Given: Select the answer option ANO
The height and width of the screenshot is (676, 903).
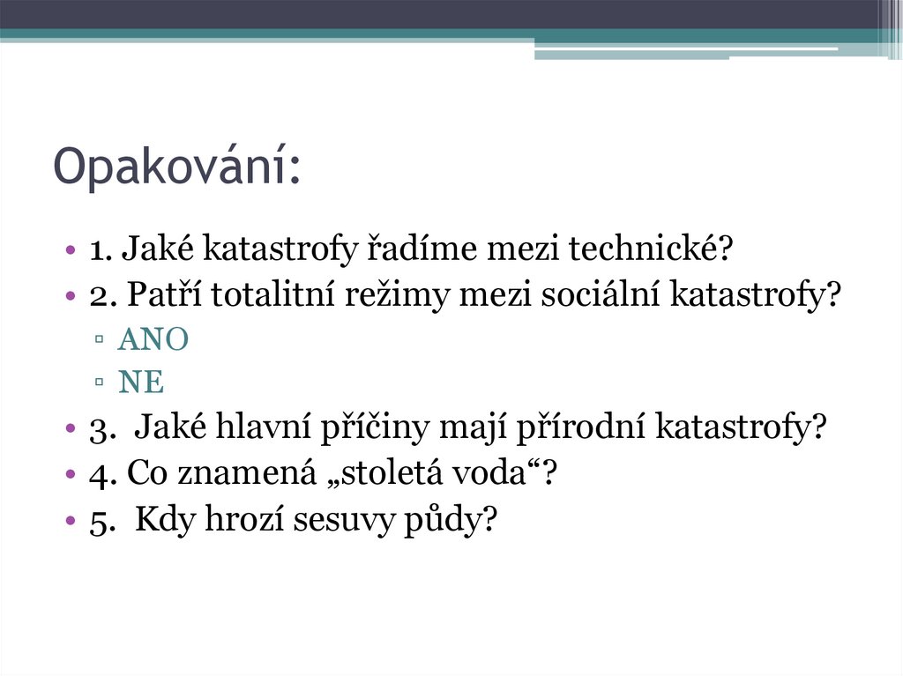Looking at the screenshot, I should pyautogui.click(x=153, y=341).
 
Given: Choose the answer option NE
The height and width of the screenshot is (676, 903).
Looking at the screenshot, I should pyautogui.click(x=142, y=383).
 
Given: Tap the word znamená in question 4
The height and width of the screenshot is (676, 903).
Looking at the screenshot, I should pyautogui.click(x=258, y=475).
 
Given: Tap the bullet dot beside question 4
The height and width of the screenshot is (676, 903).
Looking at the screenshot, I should pyautogui.click(x=70, y=475).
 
